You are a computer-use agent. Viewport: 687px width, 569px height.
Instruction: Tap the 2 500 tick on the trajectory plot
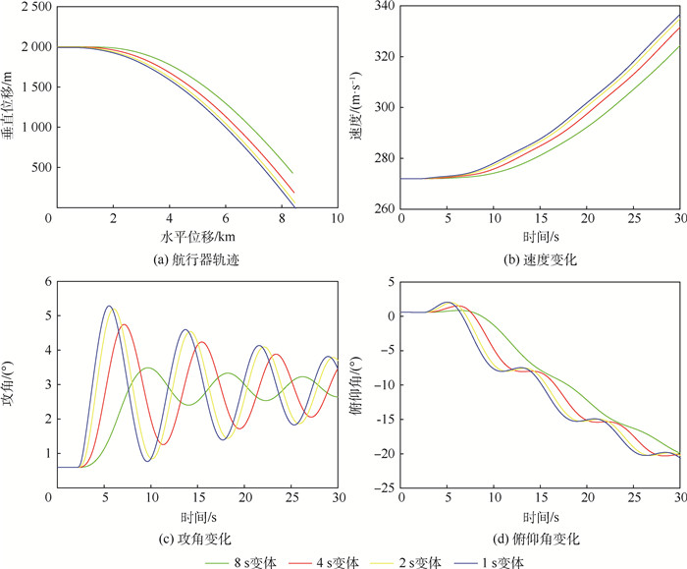[32, 7]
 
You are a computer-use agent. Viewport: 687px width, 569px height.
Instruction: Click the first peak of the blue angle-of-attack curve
[109, 307]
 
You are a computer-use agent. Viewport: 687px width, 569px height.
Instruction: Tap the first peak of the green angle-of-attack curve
[147, 369]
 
